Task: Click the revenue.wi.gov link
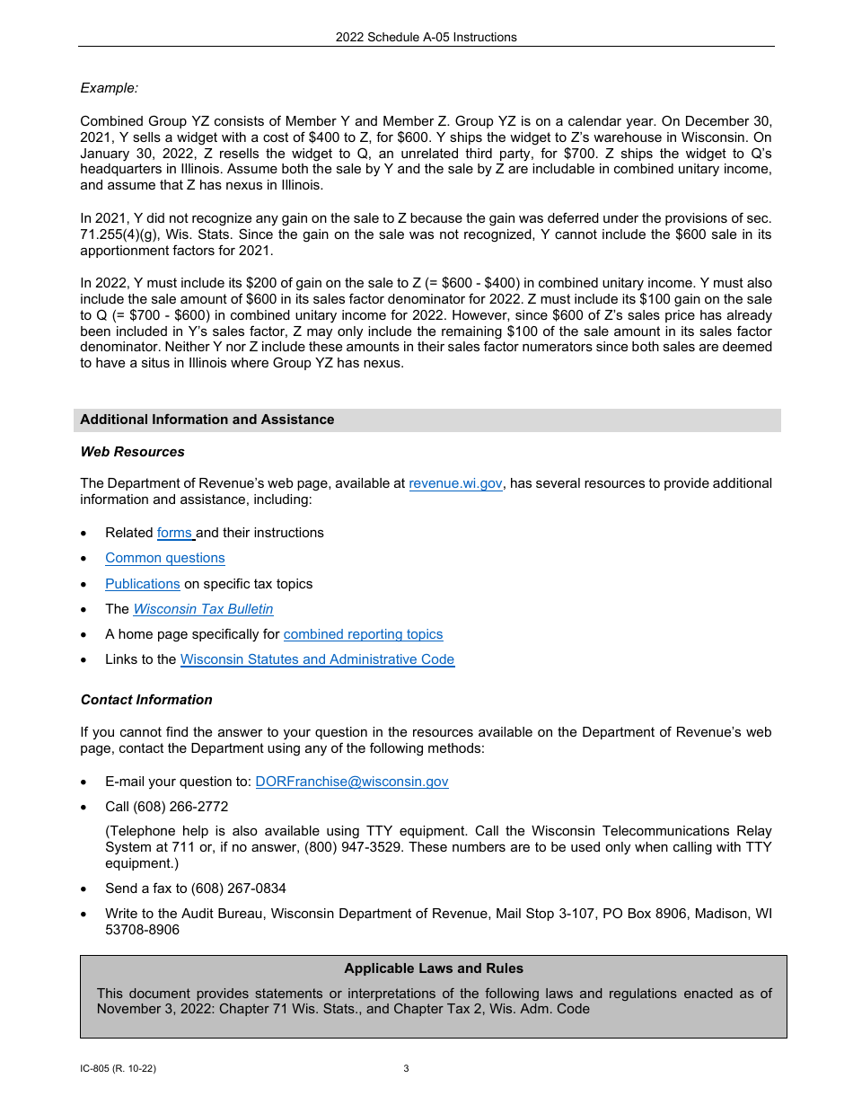click(455, 483)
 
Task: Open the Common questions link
click(165, 558)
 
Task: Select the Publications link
click(143, 584)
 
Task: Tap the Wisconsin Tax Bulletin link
click(203, 609)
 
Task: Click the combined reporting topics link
click(363, 634)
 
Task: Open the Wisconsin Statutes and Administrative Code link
click(317, 659)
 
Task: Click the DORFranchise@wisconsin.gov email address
click(352, 782)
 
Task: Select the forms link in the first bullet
click(175, 533)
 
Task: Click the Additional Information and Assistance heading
click(207, 420)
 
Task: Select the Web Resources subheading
click(133, 452)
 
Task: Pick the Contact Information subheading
click(146, 700)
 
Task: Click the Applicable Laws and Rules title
click(434, 968)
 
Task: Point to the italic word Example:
click(110, 88)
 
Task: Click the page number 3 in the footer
click(406, 1069)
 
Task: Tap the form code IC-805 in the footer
click(97, 1069)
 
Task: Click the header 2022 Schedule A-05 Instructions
click(426, 37)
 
